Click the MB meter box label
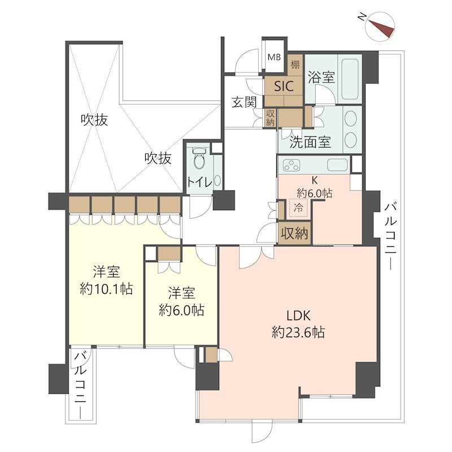pos(274,58)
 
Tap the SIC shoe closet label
pos(284,86)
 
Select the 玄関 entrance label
pos(245,102)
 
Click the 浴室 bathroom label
pos(321,77)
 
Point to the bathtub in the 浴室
pos(350,79)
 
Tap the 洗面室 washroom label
pos(310,142)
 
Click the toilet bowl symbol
pos(199,159)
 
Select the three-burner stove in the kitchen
pos(292,165)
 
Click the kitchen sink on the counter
pos(337,165)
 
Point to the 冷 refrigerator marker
pos(298,207)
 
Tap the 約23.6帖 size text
pos(298,332)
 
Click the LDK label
pos(298,316)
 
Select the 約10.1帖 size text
pos(106,289)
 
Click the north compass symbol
pos(380,27)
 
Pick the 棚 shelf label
pos(295,64)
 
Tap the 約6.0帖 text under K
pos(314,193)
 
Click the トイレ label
pos(200,182)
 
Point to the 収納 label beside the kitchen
pos(294,233)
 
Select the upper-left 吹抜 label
pos(94,120)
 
